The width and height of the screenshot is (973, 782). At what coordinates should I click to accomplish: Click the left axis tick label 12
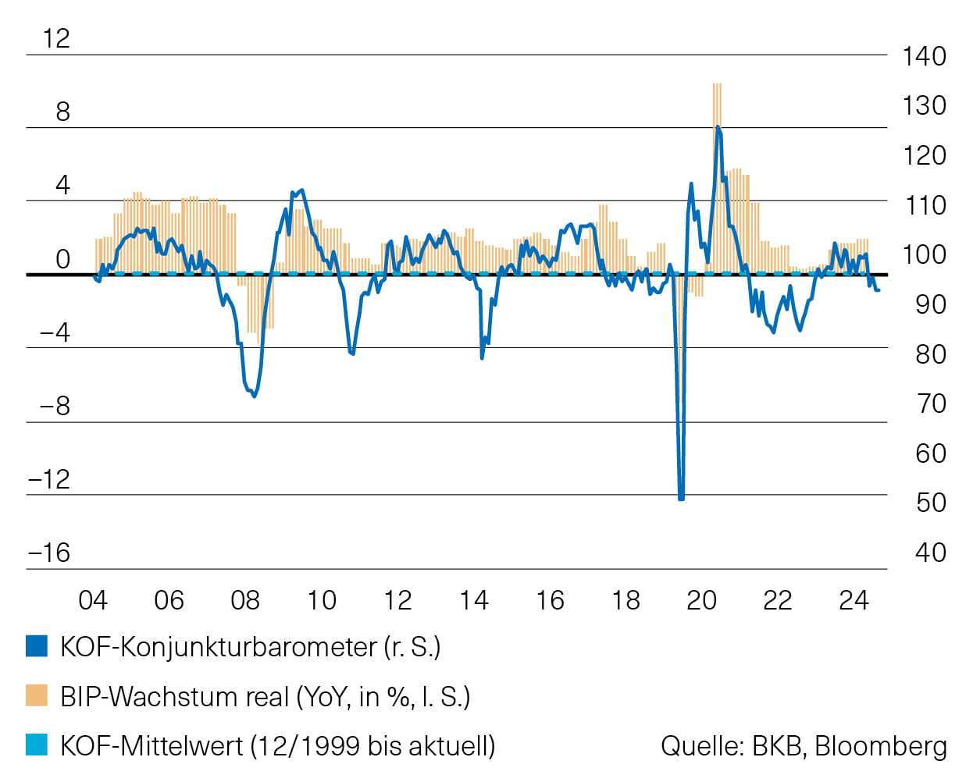coord(56,38)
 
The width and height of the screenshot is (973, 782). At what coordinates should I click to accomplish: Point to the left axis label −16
coord(49,553)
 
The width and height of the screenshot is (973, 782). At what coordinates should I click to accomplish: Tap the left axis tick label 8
coord(62,112)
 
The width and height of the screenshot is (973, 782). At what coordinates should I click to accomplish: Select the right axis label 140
coord(924,56)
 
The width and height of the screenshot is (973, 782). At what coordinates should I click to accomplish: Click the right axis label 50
coord(931,503)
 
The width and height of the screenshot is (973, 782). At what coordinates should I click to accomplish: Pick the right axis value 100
coord(924,254)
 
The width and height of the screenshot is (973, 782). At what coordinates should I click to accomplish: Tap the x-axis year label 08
coord(245,600)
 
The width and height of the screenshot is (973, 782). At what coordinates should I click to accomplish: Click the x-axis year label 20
coord(701,600)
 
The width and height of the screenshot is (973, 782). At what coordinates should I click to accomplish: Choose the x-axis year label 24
coord(854,600)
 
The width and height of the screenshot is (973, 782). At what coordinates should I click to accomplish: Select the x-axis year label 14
coord(473,600)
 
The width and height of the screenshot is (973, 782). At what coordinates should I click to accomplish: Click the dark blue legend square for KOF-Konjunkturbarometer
coord(37,646)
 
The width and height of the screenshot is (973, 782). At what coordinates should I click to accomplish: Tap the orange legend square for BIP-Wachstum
coord(37,695)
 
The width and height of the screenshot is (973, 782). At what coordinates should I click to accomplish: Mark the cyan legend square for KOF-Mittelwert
coord(37,745)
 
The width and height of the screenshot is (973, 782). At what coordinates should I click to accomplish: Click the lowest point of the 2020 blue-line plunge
coord(681,497)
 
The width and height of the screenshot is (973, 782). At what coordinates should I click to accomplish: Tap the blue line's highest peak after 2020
coord(718,127)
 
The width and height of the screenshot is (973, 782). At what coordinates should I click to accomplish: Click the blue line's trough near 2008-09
coord(254,396)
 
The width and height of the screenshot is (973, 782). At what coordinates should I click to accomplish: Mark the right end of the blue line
coord(879,290)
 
